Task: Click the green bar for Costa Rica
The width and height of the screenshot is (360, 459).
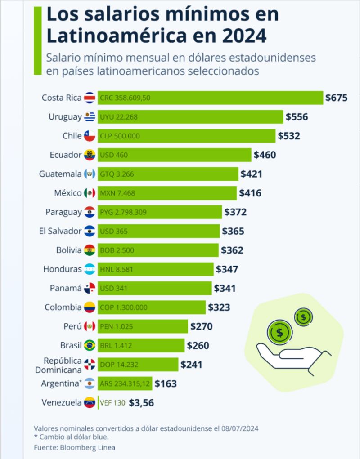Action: click(211, 98)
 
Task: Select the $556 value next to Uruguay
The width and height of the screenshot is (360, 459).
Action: click(297, 117)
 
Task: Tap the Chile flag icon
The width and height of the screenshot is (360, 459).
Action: click(90, 136)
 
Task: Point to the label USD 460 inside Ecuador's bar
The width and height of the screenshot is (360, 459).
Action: click(114, 155)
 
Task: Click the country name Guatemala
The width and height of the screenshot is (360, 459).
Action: click(60, 174)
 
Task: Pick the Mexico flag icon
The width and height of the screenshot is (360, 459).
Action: click(90, 193)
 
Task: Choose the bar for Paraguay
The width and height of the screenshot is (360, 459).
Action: click(160, 212)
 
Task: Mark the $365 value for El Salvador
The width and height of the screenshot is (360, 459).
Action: click(233, 232)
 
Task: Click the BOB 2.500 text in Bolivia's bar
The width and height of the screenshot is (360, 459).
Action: click(117, 250)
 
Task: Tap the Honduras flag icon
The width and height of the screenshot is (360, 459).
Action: click(90, 269)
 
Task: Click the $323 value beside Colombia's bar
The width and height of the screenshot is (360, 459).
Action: click(219, 308)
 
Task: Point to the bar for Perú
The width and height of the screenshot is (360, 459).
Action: click(143, 327)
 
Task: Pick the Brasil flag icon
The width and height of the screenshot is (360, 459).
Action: click(90, 346)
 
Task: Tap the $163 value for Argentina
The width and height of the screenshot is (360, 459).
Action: click(166, 384)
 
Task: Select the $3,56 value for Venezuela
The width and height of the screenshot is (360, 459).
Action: click(141, 403)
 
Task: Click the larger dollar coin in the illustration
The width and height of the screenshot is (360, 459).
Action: click(279, 333)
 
